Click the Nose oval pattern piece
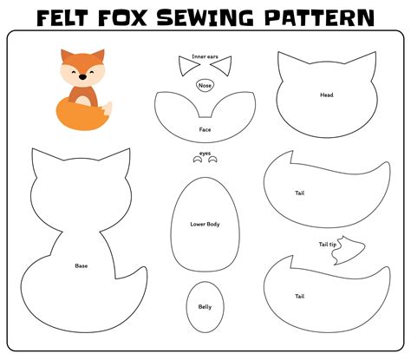pyautogui.click(x=205, y=85)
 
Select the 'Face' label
pyautogui.click(x=205, y=130)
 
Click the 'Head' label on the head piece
pyautogui.click(x=326, y=95)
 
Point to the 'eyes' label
pyautogui.click(x=205, y=153)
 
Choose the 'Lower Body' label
pyautogui.click(x=205, y=225)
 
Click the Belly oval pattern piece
pyautogui.click(x=205, y=305)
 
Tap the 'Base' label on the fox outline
pyautogui.click(x=81, y=265)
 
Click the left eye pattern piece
pyautogui.click(x=197, y=160)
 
